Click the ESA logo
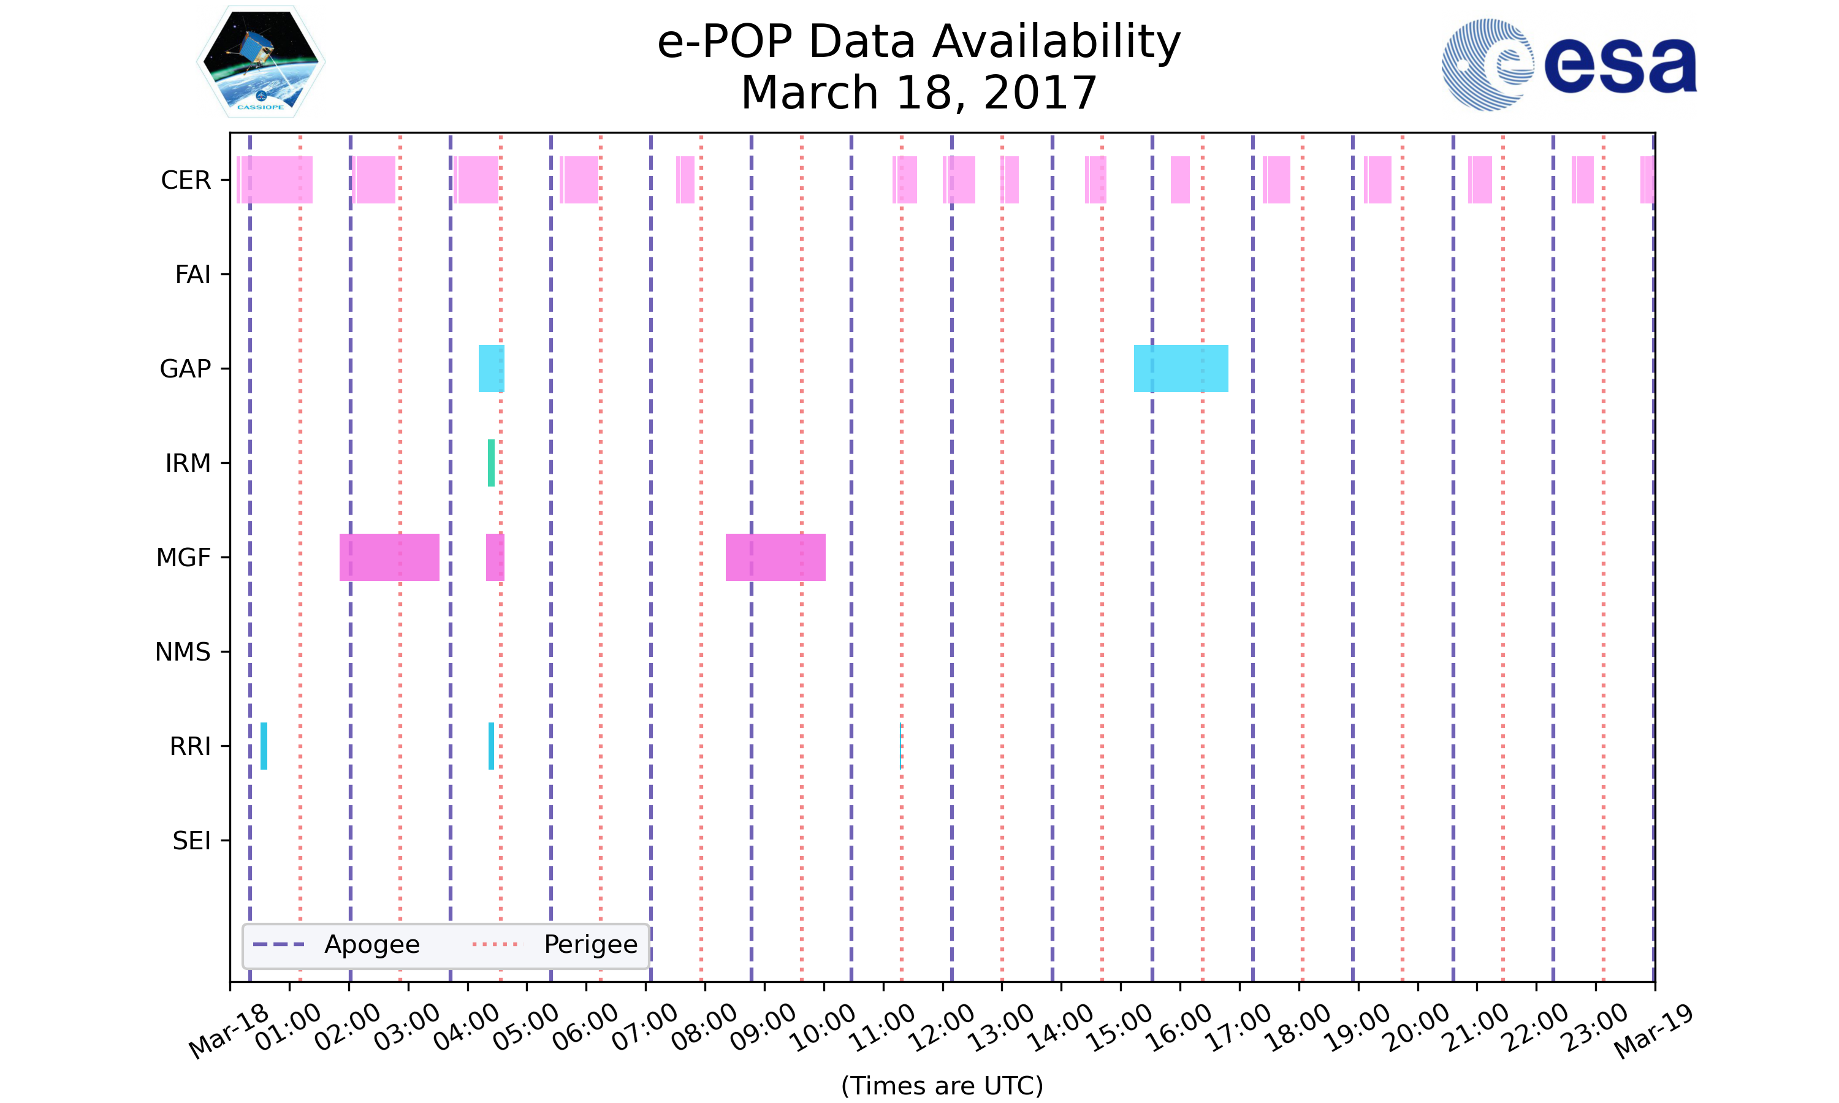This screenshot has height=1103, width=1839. tap(1569, 65)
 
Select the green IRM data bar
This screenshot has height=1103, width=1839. tap(490, 463)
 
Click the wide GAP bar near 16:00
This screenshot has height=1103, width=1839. tap(1181, 369)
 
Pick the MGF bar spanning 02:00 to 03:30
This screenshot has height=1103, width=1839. tap(389, 558)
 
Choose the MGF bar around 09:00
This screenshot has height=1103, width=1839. tap(775, 558)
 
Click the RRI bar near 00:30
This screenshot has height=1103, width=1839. tap(264, 746)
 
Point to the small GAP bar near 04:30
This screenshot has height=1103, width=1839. tap(490, 369)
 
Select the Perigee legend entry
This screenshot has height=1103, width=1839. tap(555, 945)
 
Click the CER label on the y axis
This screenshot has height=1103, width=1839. tap(186, 180)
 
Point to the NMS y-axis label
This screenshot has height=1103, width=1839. tap(183, 652)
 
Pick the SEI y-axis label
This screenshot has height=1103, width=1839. tap(192, 841)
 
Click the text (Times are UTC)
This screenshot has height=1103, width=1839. tap(942, 1085)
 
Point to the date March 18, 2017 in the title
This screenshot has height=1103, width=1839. tap(919, 93)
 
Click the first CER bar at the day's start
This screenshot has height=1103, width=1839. tap(275, 180)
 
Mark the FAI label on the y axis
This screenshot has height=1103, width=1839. tap(192, 275)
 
